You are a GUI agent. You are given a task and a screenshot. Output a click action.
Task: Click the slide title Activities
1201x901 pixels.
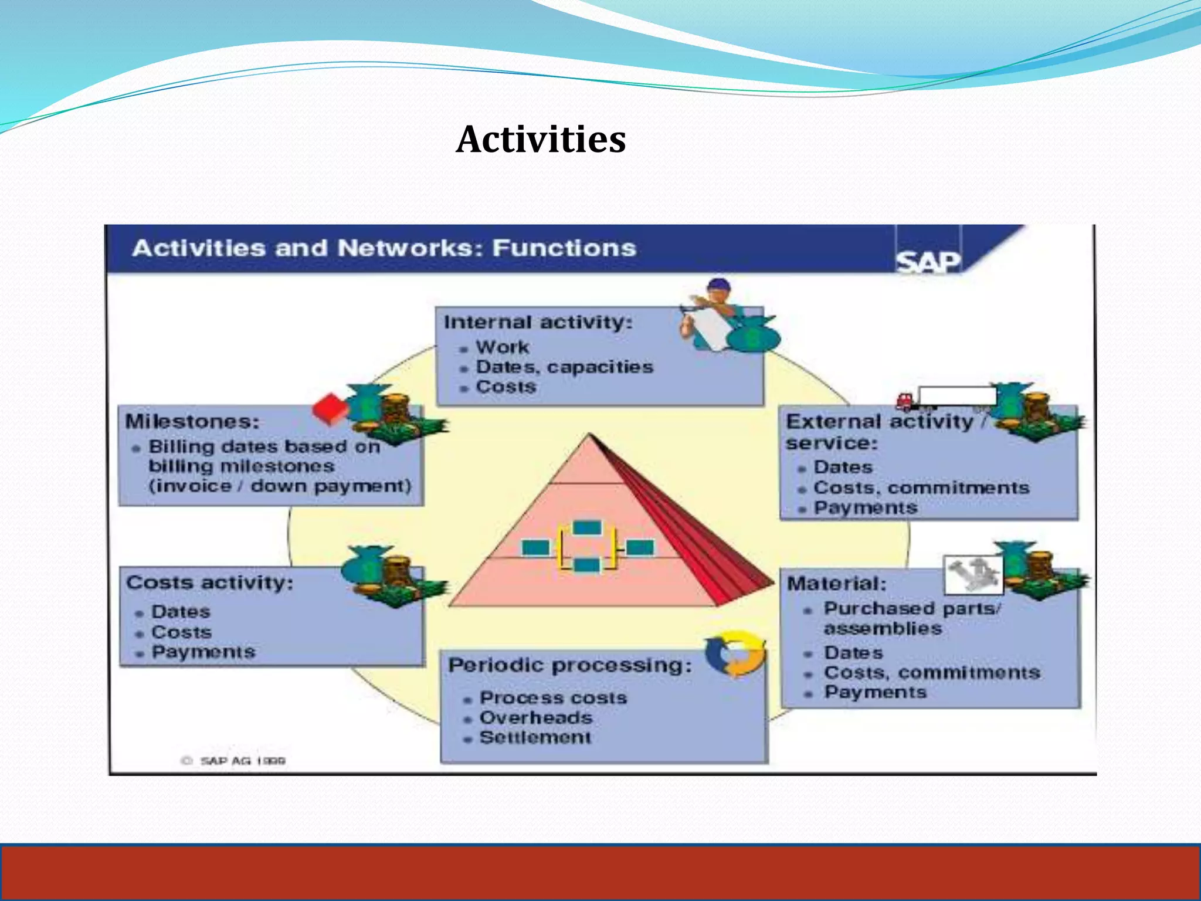[541, 140]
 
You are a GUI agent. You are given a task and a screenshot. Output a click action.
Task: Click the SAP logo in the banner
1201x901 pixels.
[928, 262]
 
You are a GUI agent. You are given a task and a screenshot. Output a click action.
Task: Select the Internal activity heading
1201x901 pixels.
[538, 322]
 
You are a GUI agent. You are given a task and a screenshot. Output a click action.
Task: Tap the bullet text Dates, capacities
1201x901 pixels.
[564, 367]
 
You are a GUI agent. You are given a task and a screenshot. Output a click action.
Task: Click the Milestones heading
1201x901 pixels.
[192, 421]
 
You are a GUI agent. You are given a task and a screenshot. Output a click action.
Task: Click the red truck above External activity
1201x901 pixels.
[907, 401]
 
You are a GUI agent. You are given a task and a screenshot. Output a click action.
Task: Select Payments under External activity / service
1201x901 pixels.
[865, 508]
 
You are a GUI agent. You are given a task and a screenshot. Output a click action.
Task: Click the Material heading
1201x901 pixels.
[836, 584]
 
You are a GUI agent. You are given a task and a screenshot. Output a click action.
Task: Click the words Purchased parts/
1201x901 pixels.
[912, 609]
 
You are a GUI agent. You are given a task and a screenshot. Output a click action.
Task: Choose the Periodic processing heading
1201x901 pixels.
[569, 665]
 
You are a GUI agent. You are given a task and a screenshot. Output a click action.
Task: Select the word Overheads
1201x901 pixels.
[536, 717]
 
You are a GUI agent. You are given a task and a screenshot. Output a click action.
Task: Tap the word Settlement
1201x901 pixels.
[535, 737]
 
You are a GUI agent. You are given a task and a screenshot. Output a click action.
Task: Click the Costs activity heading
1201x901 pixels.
[209, 582]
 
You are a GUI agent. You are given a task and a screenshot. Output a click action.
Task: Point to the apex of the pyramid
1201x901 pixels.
[590, 435]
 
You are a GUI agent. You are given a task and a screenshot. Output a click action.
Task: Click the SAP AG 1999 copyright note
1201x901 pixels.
[235, 761]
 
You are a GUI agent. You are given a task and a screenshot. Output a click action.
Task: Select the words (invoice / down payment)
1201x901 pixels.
[280, 486]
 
